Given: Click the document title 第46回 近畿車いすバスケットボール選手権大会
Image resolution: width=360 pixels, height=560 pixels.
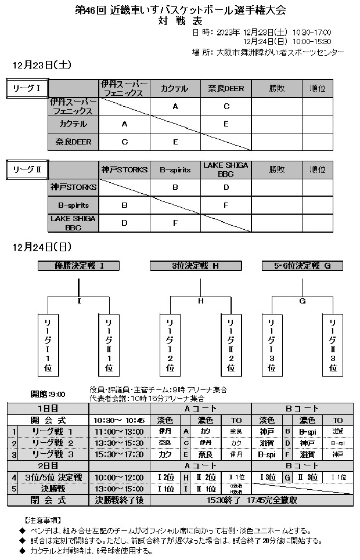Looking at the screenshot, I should coord(181,10).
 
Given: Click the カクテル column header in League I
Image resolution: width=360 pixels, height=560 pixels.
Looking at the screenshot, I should coord(175,89).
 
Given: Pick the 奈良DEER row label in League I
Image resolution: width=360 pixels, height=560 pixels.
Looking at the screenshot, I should coord(74,141).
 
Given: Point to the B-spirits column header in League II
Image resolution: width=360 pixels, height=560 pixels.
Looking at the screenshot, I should coord(175,169).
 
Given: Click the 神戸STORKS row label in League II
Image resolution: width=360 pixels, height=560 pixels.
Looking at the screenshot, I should coord(74,187).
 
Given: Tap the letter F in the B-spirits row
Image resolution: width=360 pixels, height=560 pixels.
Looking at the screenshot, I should coord(226,205).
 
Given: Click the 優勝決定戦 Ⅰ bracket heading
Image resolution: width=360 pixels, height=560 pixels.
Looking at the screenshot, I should coord(79,266).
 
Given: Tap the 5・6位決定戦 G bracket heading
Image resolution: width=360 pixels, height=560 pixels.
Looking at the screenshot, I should coord(303,266).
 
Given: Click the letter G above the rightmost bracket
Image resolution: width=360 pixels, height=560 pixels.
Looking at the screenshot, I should coord(303,301).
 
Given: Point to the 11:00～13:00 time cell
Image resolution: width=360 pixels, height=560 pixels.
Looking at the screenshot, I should coord(119,431).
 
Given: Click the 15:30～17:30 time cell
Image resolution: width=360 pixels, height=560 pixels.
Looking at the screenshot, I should coord(119,454).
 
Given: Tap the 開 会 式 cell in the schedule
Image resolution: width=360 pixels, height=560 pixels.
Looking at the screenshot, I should coord(48,420).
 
